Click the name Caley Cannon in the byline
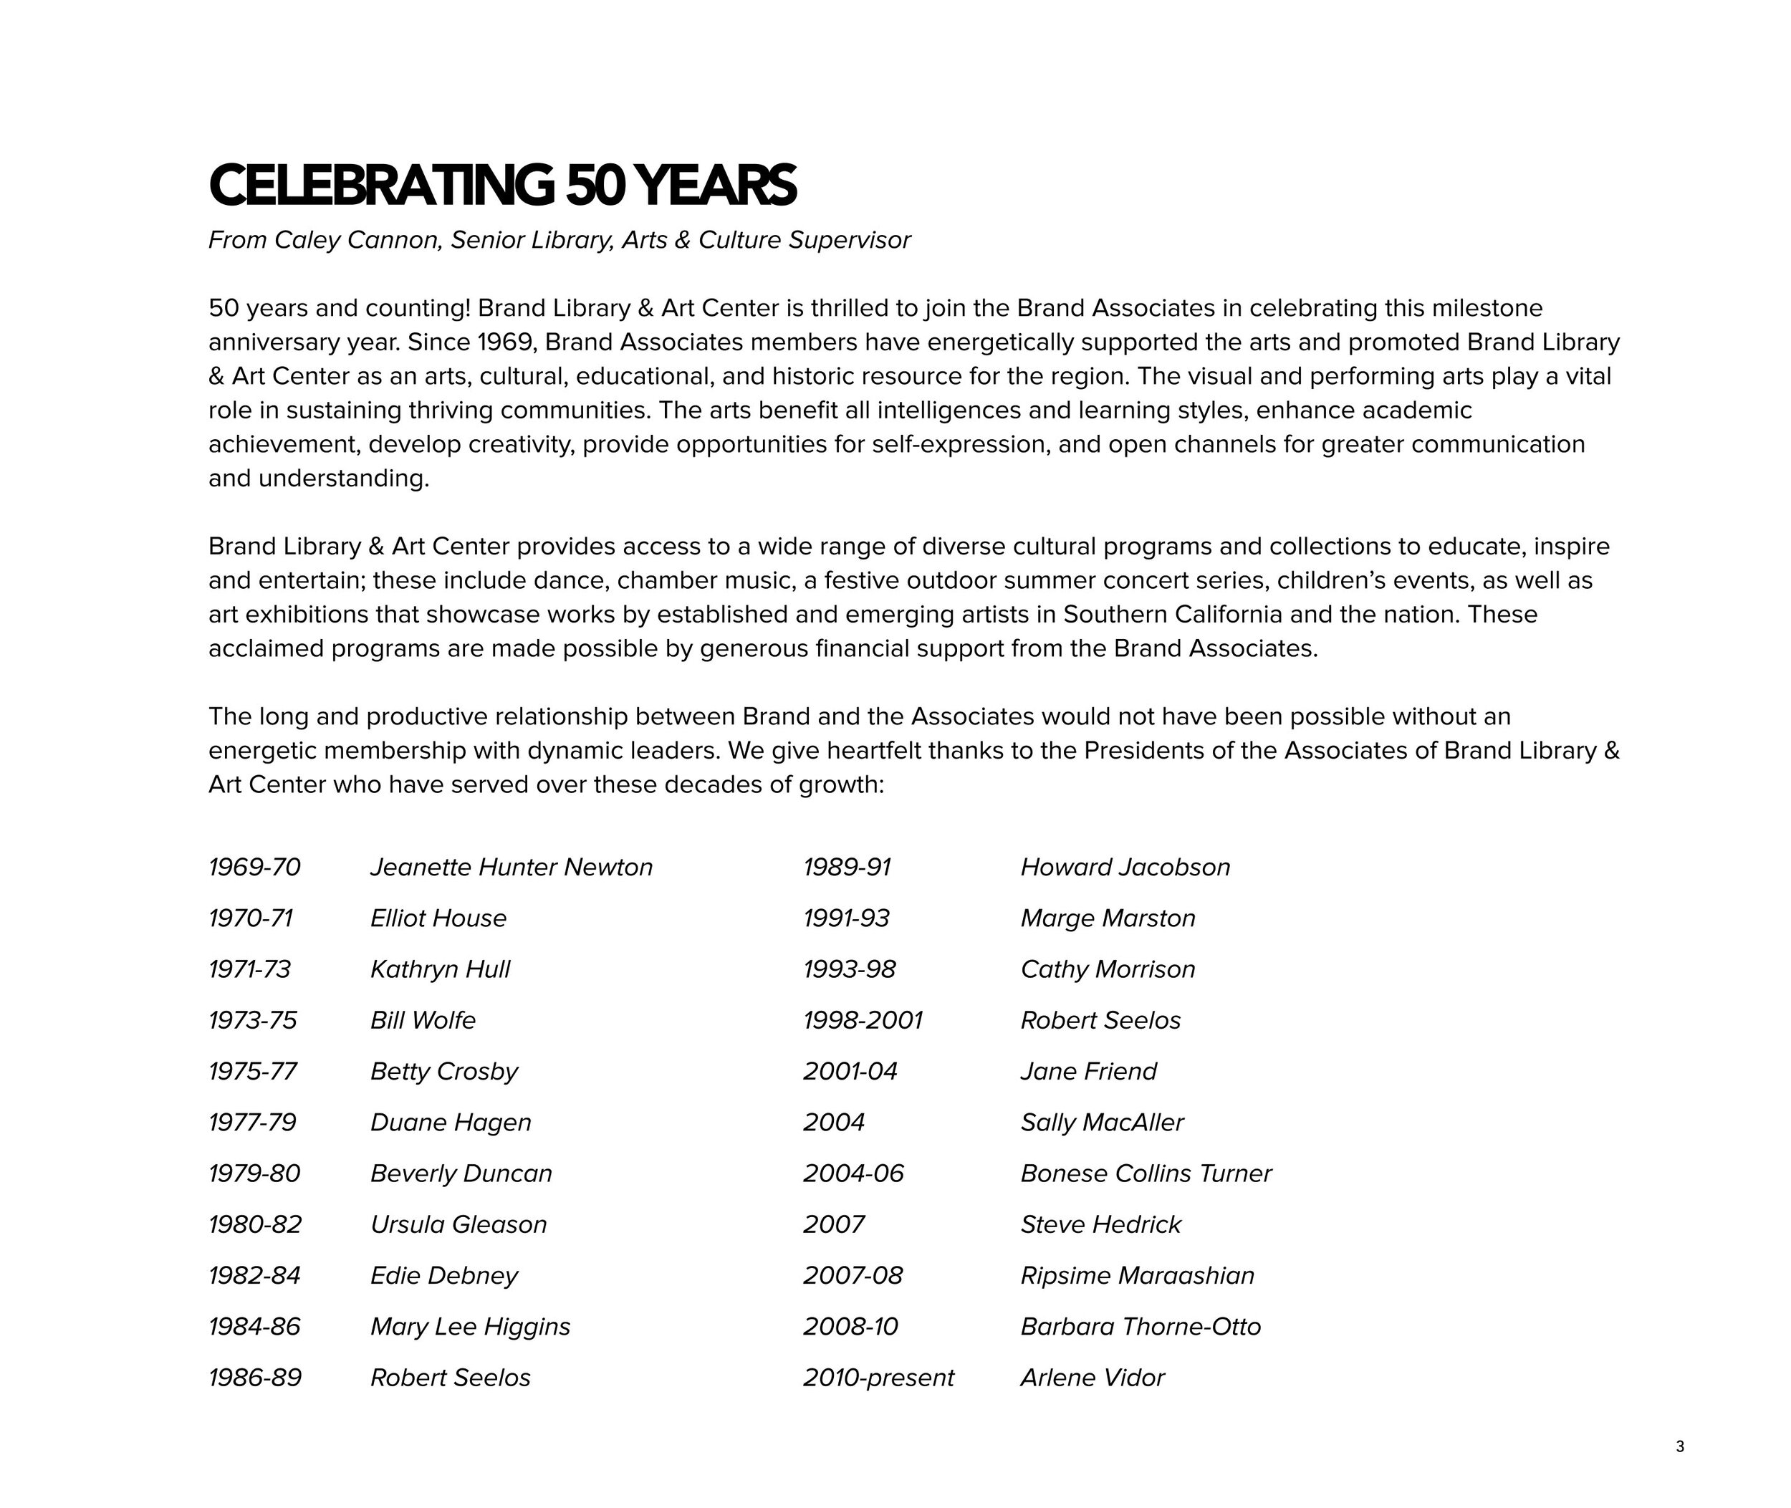coord(357,240)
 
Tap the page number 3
coord(1679,1446)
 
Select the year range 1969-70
coord(255,867)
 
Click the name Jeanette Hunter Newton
coord(512,867)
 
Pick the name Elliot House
coord(438,918)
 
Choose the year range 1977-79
coord(252,1122)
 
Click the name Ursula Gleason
coord(458,1224)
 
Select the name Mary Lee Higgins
coord(470,1326)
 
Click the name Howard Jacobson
coord(1125,867)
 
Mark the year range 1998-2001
coord(863,1020)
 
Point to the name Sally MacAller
coord(1102,1122)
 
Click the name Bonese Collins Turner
coord(1146,1173)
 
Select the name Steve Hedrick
coord(1100,1224)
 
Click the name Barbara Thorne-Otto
coord(1141,1326)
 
